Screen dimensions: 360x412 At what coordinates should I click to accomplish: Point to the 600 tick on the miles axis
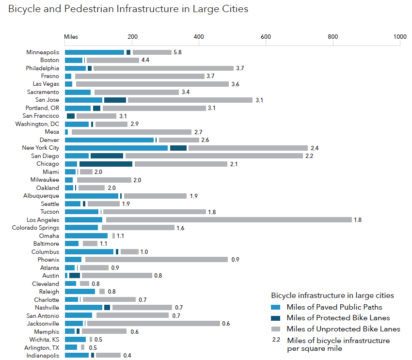coord(265,36)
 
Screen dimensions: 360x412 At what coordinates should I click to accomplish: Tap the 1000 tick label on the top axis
coord(399,36)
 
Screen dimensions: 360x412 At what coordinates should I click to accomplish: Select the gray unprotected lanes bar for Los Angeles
coord(229,219)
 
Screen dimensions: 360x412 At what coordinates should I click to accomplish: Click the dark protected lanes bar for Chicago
coord(106,164)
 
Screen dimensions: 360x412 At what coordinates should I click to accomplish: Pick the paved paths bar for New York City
coord(116,148)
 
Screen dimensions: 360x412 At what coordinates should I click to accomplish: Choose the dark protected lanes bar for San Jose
coord(115,100)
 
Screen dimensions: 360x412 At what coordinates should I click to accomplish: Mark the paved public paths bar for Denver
coord(109,140)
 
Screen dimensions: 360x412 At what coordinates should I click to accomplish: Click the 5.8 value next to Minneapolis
coord(177,52)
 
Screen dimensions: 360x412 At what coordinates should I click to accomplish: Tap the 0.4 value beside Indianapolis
coord(127,355)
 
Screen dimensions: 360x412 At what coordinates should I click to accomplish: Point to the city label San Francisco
coord(41,116)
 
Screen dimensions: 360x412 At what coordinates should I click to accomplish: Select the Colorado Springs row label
coord(35,228)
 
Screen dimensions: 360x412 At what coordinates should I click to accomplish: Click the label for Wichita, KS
coord(43,339)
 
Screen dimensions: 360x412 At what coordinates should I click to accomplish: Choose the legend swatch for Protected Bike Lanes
coord(276,318)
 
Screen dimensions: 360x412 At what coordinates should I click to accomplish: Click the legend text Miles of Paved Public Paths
coord(334,307)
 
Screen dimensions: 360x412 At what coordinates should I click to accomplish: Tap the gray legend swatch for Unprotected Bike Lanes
coord(276,329)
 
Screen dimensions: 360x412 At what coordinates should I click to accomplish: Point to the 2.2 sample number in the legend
coord(276,340)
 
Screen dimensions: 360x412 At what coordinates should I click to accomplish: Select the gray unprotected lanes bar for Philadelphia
coord(163,68)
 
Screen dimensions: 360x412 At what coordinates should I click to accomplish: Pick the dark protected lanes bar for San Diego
coord(107,156)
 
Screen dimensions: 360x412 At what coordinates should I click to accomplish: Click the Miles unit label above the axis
coord(71,36)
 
